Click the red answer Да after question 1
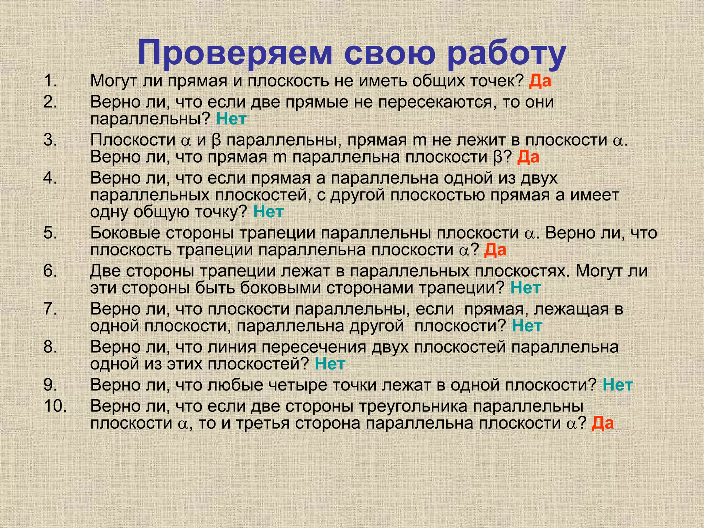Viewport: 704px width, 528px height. tap(540, 81)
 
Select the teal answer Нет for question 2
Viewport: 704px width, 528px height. tap(231, 119)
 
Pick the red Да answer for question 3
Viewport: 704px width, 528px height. tap(528, 157)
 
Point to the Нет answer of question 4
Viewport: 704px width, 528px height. tap(268, 212)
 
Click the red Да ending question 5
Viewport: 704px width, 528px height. tap(495, 250)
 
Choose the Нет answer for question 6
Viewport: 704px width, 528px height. tap(526, 288)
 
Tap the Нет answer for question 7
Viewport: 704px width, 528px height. tap(527, 326)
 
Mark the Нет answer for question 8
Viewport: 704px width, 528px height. tap(330, 364)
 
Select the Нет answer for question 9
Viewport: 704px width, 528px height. tap(618, 385)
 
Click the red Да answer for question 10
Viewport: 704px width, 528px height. tap(603, 423)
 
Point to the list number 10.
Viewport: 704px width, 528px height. tap(55, 406)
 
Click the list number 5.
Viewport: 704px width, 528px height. tap(50, 233)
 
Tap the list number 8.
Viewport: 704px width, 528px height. tap(50, 347)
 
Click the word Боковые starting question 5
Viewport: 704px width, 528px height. tap(125, 233)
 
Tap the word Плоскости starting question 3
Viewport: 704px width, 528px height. tap(133, 140)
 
